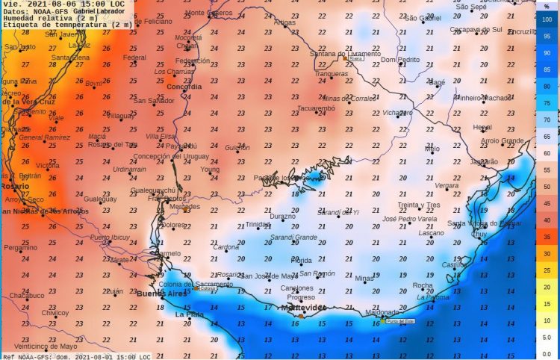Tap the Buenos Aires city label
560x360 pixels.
(161, 294)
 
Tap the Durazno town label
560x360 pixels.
(283, 217)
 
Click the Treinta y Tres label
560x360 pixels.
(418, 205)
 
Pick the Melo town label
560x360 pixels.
(432, 149)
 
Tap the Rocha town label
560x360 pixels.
(423, 285)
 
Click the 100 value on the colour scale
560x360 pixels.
(547, 19)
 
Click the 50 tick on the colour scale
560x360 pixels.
(547, 187)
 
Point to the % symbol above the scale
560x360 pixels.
(547, 6)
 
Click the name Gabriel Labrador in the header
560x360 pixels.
(99, 12)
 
